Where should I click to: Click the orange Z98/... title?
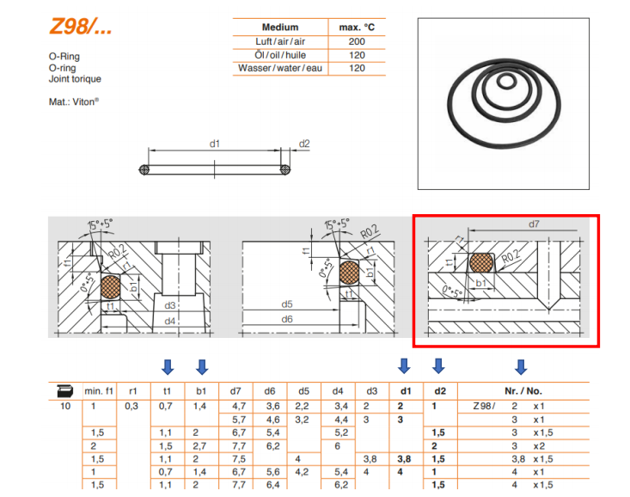tap(80, 27)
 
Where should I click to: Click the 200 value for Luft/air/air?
tap(357, 41)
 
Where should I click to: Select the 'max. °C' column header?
tap(357, 28)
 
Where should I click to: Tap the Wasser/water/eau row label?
tap(280, 68)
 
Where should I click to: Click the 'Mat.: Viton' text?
tap(74, 101)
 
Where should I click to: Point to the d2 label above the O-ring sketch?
tap(304, 144)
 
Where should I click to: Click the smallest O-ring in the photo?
tap(506, 81)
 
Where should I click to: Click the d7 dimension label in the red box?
tap(534, 224)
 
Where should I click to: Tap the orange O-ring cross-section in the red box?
tap(481, 262)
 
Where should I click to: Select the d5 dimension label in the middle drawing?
tap(287, 304)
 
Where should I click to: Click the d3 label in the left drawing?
tap(170, 305)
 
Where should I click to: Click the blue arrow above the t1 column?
tap(168, 366)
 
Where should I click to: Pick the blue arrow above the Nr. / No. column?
tap(521, 366)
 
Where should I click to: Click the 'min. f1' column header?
tap(99, 391)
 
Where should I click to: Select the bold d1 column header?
tap(406, 391)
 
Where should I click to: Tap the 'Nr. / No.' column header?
tap(523, 391)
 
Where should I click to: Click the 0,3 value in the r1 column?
tap(132, 406)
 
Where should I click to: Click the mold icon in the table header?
tap(64, 390)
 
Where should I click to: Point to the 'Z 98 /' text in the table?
tap(484, 406)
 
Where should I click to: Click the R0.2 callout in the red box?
tap(511, 256)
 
